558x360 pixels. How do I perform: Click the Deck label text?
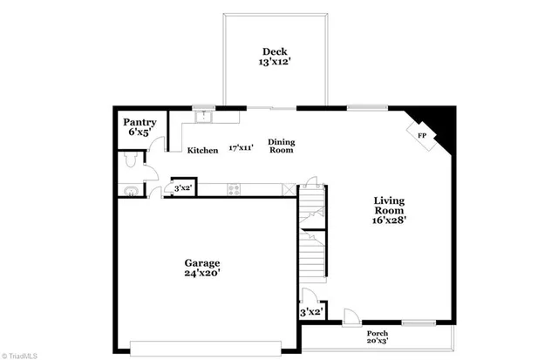pos(274,51)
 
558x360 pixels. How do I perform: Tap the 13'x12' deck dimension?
pos(274,63)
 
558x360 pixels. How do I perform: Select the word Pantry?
pos(139,121)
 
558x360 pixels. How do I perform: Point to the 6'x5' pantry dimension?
pos(139,132)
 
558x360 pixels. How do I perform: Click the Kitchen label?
pos(202,151)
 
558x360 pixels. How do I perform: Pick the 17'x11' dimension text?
pos(241,148)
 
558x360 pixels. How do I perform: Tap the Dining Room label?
pos(281,146)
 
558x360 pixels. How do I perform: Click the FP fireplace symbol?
pos(421,136)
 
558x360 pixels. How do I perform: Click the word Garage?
pos(201,262)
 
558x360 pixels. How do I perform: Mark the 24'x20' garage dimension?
pos(201,274)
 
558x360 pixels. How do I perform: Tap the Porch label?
pos(378,334)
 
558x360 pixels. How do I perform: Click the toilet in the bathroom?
pos(129,160)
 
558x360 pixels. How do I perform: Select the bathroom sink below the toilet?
pos(129,189)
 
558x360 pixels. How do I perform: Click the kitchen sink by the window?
pos(205,114)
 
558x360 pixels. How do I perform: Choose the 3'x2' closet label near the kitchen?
pos(182,187)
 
